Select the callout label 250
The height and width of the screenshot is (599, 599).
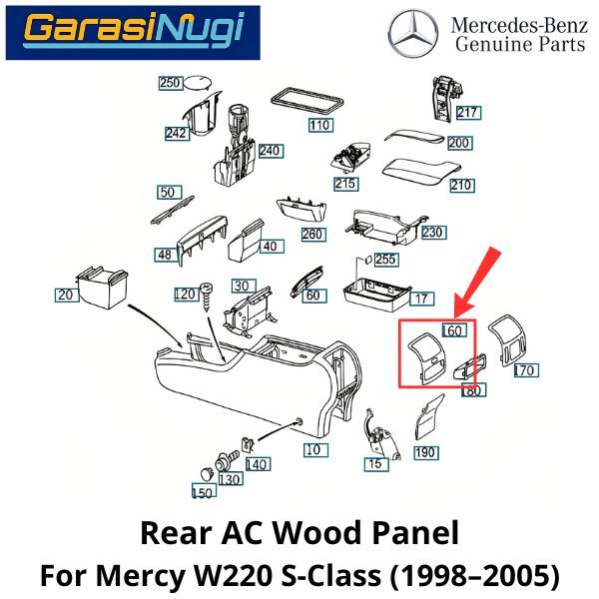pos(171,83)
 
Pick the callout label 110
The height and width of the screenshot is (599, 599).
pos(319,126)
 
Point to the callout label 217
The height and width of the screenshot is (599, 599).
pos(467,112)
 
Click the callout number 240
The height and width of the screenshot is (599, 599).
pos(270,151)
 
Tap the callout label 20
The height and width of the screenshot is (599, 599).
pos(67,295)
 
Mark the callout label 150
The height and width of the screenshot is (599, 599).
pos(204,492)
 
